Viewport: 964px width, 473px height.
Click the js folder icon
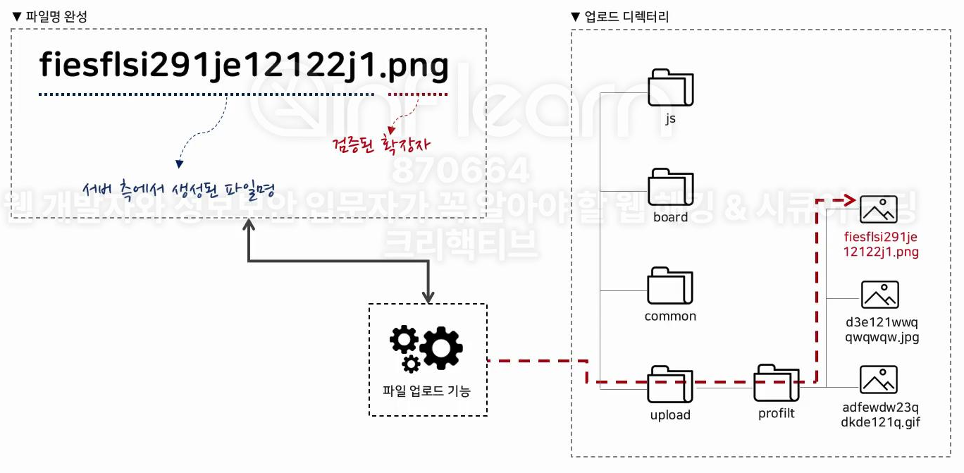pos(670,87)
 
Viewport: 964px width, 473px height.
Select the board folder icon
pos(670,187)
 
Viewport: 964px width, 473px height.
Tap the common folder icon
pos(670,285)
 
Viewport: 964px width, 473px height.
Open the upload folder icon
pos(670,384)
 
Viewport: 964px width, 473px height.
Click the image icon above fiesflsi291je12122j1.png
pos(879,209)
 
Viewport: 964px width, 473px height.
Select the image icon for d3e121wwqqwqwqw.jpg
pos(880,295)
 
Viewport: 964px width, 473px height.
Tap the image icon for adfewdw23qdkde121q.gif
pos(879,379)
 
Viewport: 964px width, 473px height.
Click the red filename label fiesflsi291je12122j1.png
pos(882,244)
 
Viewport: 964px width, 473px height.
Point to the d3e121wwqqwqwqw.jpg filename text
pos(882,330)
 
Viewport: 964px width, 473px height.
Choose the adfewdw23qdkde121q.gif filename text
pos(881,415)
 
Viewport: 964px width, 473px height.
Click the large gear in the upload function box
pos(441,348)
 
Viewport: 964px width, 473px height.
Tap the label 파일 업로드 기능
pos(426,391)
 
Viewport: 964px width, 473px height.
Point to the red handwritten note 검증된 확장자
pos(381,145)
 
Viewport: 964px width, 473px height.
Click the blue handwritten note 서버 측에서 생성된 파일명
pos(178,189)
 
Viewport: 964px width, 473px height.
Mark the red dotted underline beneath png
pos(418,94)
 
